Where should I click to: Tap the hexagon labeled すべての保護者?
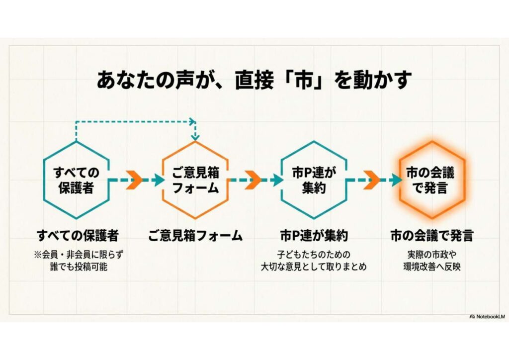[76, 180]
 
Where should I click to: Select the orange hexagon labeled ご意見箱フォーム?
[195, 180]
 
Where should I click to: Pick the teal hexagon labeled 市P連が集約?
[314, 180]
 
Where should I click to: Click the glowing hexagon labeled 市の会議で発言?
[432, 180]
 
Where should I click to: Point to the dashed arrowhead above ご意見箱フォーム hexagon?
[195, 135]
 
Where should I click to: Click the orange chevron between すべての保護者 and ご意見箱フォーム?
[134, 180]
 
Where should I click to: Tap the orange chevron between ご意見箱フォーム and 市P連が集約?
[254, 180]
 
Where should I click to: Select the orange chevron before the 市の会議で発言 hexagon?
[372, 180]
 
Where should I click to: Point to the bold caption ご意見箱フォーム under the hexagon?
[195, 235]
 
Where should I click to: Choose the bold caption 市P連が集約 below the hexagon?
[314, 235]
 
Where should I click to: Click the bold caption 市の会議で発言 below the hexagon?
[432, 235]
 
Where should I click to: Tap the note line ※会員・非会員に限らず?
[78, 255]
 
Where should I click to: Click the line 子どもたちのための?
[314, 255]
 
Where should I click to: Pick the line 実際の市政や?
[432, 255]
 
